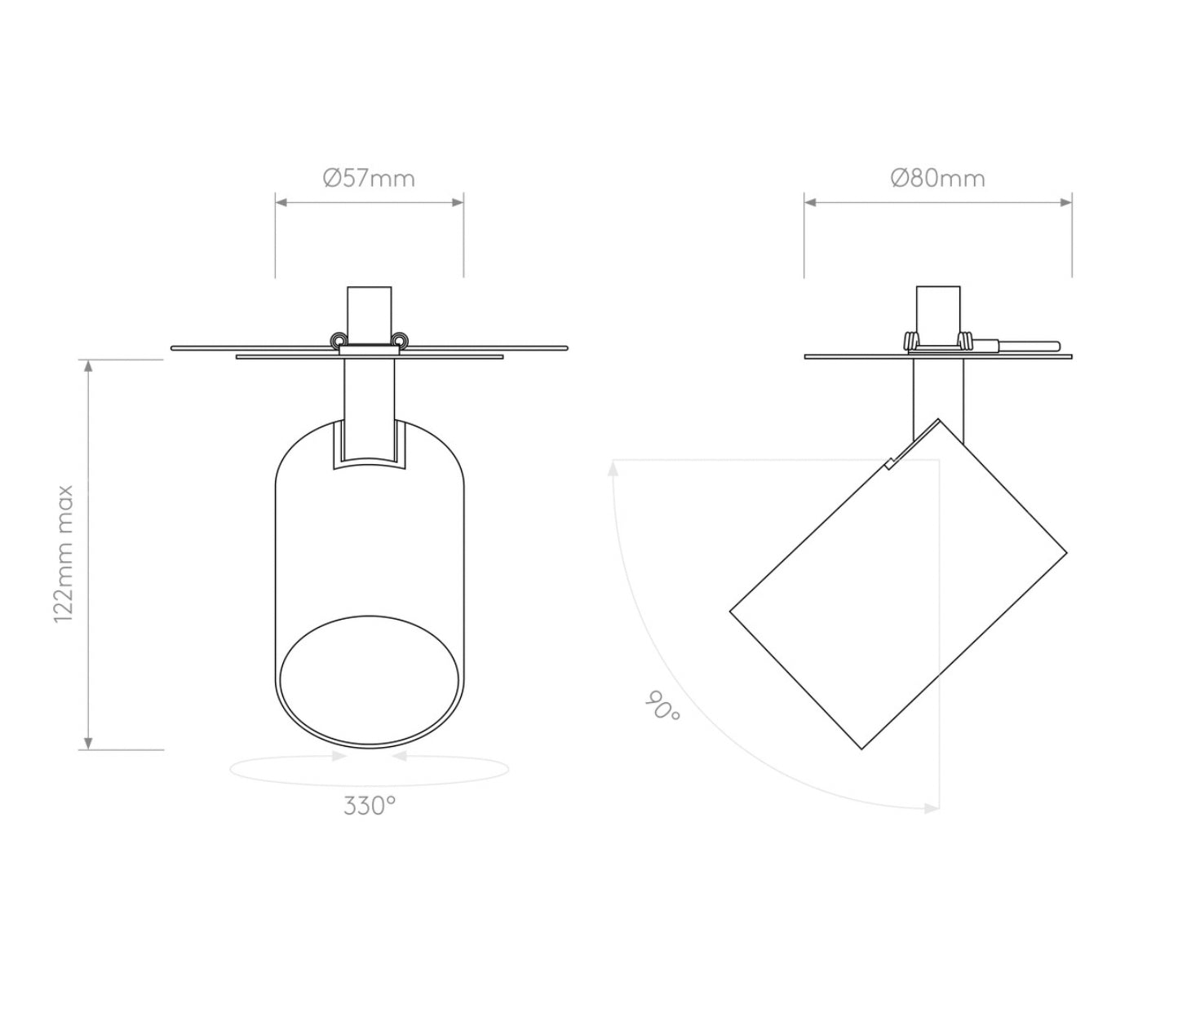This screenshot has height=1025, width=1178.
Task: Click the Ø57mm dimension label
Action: [x=369, y=178]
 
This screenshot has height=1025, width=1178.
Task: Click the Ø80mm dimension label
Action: [x=937, y=178]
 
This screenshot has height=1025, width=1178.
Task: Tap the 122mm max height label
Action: [x=64, y=554]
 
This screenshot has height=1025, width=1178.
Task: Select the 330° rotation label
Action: [x=369, y=806]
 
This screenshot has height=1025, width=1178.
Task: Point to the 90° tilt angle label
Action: [x=662, y=706]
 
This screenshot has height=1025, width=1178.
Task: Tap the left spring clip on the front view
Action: [x=335, y=340]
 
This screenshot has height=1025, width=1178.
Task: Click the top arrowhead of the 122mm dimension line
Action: [x=89, y=366]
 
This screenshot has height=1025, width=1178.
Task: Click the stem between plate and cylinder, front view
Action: [x=369, y=400]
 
